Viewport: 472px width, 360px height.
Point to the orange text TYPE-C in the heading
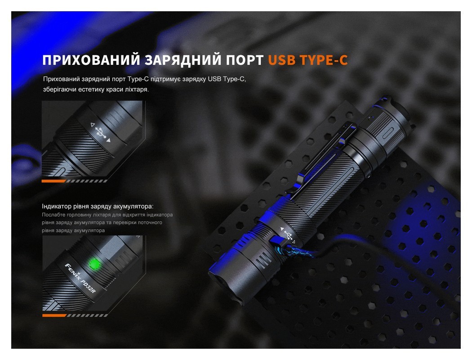tap(325, 60)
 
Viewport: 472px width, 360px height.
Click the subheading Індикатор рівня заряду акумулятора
tap(98, 207)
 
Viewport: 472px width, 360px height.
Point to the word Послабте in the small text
tap(54, 215)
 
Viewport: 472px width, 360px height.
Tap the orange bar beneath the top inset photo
tap(53, 181)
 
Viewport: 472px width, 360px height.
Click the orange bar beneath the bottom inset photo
tap(53, 315)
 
